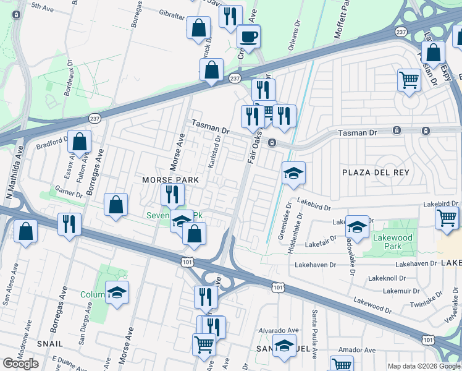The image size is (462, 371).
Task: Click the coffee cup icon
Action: [x=249, y=36]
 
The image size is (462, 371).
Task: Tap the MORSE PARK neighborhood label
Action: [x=170, y=179]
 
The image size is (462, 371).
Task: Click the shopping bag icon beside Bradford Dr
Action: [x=79, y=142]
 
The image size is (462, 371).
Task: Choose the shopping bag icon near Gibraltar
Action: [x=198, y=28]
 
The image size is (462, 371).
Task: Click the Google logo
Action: [x=20, y=364]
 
